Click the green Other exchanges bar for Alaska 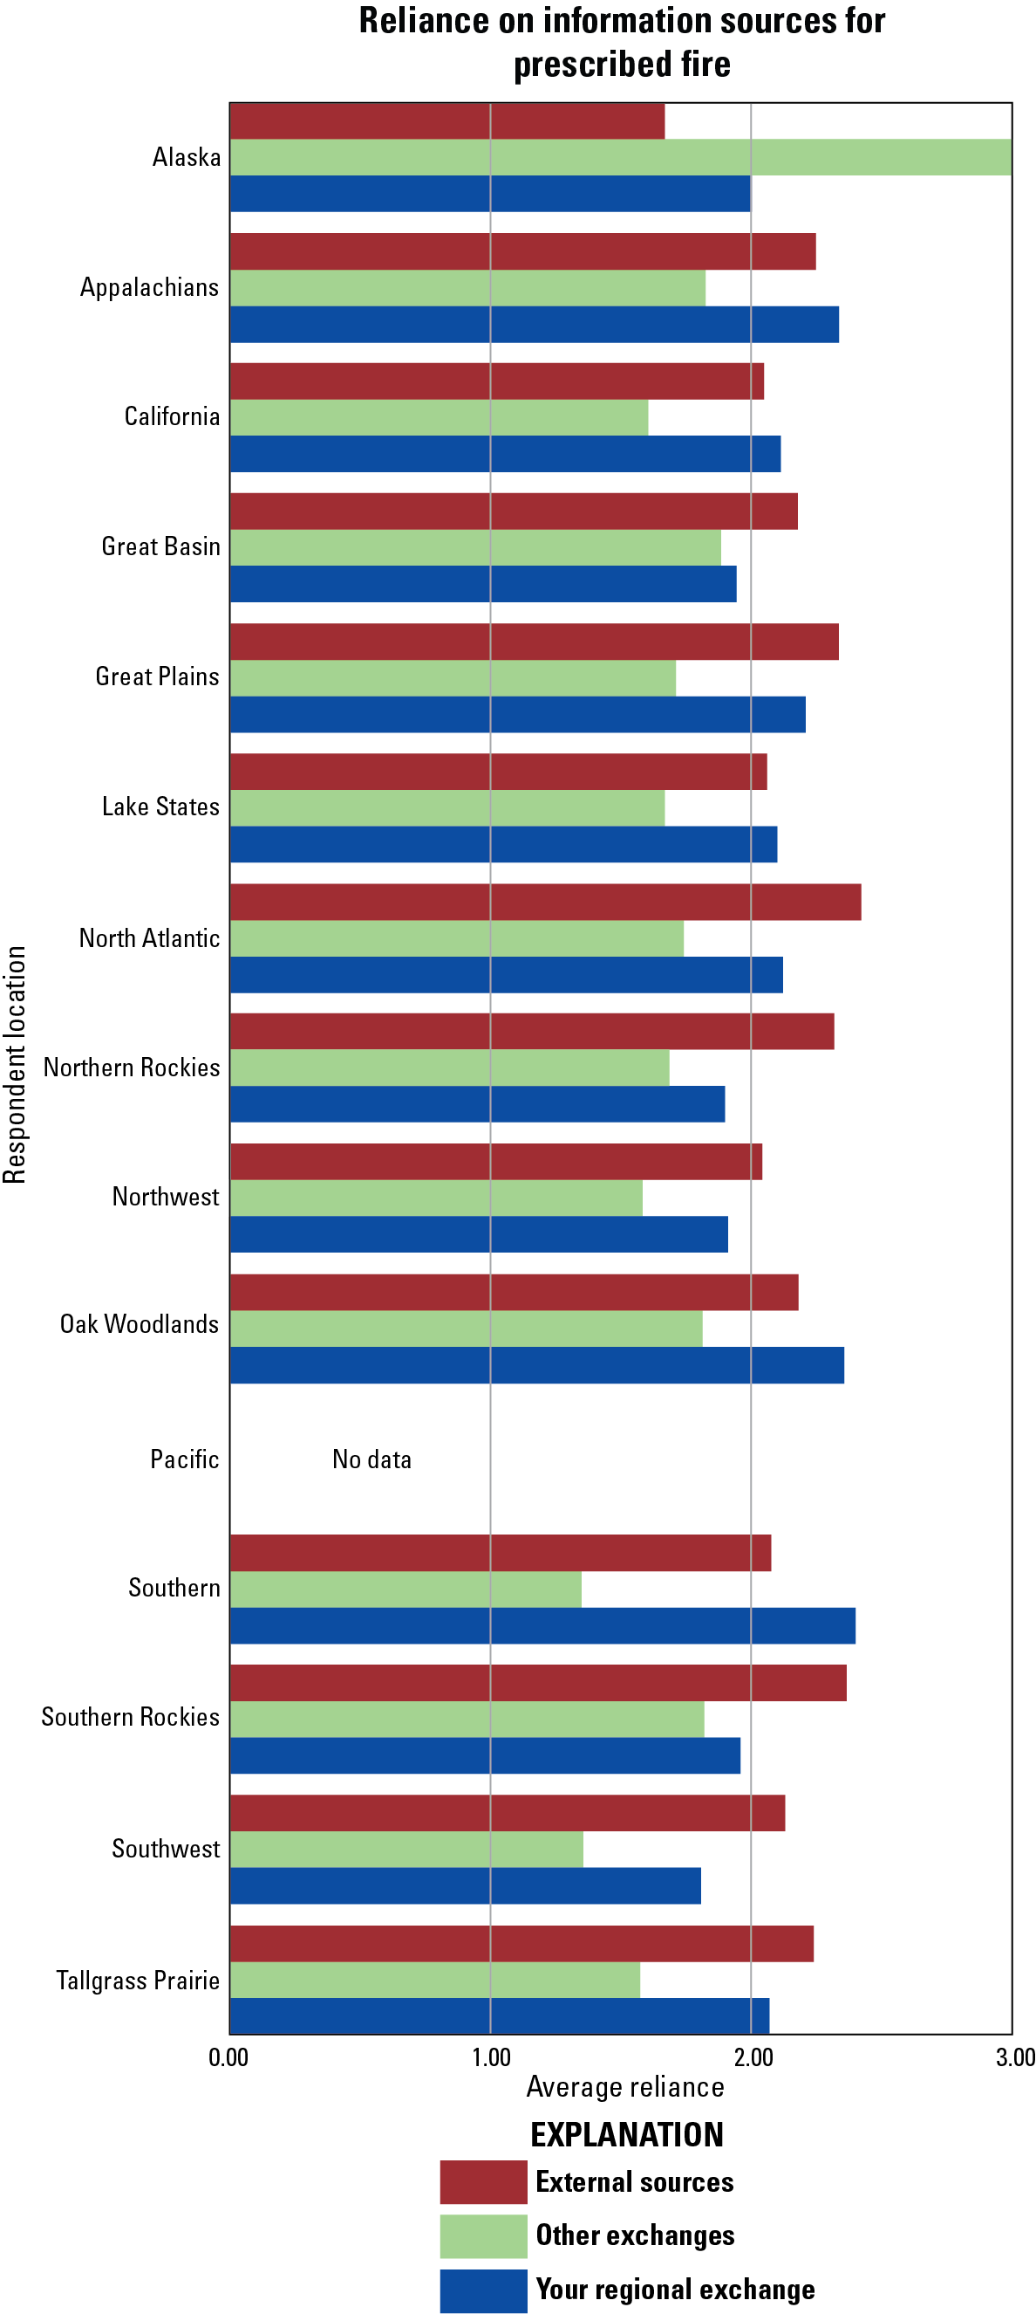coord(619,157)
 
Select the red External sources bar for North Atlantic coord(545,902)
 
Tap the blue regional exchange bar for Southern coord(542,1625)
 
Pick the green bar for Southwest coord(406,1849)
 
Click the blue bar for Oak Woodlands coord(537,1364)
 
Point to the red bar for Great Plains coord(535,642)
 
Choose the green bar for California coord(439,417)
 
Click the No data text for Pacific coord(371,1459)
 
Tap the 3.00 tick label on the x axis coord(1014,2057)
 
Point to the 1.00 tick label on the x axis coord(491,2057)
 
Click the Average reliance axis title coord(625,2087)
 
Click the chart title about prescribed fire coord(621,42)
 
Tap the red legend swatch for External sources coord(483,2182)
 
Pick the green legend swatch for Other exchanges coord(483,2235)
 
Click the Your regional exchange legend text coord(675,2290)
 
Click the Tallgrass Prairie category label coord(138,1981)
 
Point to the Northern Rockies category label coord(131,1068)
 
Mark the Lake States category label coord(160,807)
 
